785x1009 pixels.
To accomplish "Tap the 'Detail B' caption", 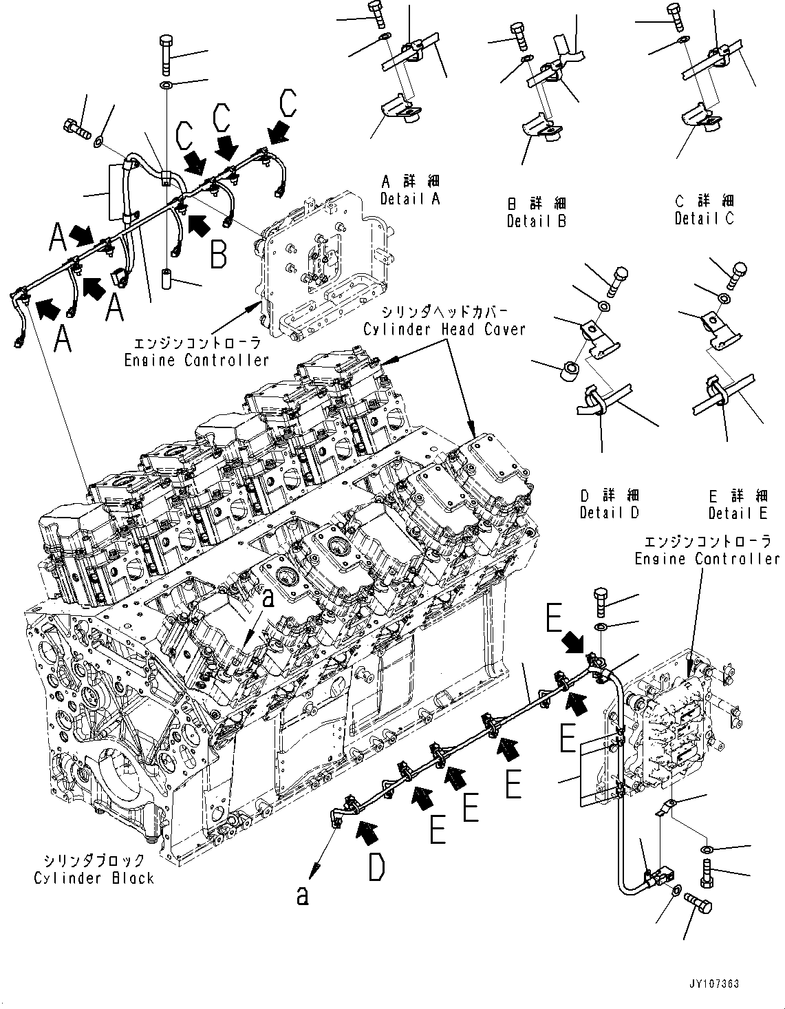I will [536, 222].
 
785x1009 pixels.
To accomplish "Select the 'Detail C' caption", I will [704, 218].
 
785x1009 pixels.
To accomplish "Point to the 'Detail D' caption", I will [609, 513].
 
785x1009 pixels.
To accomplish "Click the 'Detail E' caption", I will [738, 513].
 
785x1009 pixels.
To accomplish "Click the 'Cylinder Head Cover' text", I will [444, 329].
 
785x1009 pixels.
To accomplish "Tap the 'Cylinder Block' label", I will [94, 878].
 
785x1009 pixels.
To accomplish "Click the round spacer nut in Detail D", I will [568, 371].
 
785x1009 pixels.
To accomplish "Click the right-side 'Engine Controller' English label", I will [707, 559].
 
